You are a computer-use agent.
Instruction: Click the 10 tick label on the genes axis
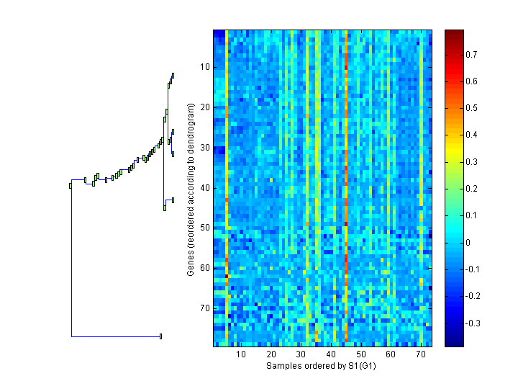pos(204,67)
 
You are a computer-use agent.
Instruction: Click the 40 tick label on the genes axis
pos(204,188)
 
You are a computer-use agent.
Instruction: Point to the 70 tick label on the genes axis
pos(204,308)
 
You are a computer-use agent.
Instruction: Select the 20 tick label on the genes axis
pos(204,107)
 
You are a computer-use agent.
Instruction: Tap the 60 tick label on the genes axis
pos(204,268)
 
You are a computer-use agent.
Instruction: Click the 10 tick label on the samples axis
pos(241,354)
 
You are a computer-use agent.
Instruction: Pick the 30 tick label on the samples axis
pos(301,354)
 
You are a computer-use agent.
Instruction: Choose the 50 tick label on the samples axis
pos(360,354)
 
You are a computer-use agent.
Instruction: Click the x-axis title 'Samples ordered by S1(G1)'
pos(322,366)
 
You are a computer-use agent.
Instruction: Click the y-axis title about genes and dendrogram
pos(191,189)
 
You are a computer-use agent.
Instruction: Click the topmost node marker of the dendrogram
pos(173,75)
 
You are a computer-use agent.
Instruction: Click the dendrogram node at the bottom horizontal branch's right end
pos(160,336)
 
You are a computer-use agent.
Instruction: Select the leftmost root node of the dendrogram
pos(71,186)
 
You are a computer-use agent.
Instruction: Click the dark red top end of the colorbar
pos(454,33)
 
